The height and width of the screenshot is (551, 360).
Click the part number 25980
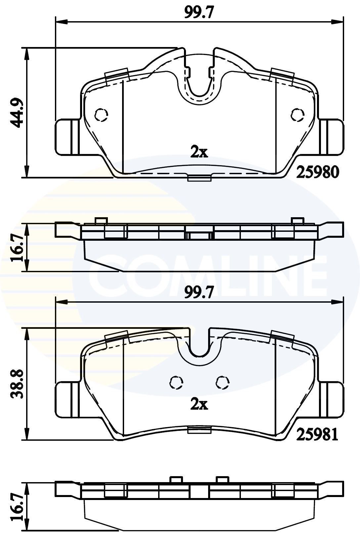click(x=317, y=172)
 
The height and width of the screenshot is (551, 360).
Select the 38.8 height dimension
click(x=17, y=384)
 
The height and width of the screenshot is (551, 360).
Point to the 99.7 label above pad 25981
click(x=199, y=292)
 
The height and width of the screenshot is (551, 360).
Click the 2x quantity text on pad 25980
click(x=199, y=152)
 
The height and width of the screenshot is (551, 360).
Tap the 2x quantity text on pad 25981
click(x=199, y=404)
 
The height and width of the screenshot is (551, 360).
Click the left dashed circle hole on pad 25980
click(x=101, y=115)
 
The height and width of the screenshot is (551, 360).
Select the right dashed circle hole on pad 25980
click(x=297, y=115)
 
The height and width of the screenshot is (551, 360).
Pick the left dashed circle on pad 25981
click(x=176, y=382)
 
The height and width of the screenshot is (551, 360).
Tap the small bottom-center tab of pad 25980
click(x=199, y=178)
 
